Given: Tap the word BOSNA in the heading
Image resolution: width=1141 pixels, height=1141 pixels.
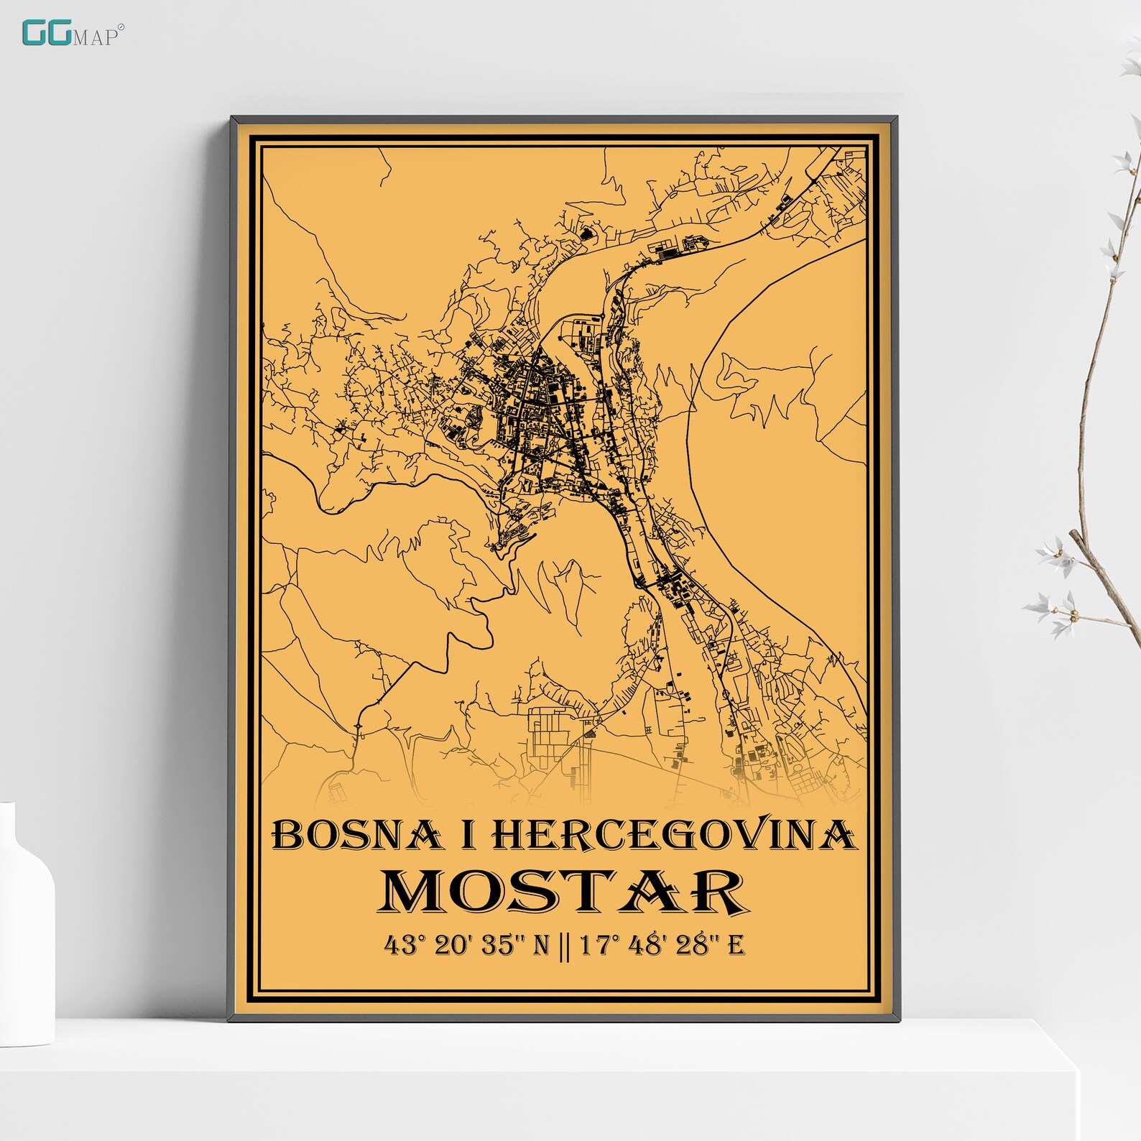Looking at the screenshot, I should pos(356,835).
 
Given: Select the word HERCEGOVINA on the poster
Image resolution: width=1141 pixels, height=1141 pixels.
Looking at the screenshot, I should pos(674,835).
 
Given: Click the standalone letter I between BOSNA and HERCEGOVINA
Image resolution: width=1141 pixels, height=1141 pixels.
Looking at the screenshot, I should pos(468,835).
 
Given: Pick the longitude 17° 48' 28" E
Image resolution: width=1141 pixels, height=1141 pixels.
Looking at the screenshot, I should pos(662,945).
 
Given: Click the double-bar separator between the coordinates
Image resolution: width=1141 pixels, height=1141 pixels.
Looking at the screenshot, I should pos(564,946).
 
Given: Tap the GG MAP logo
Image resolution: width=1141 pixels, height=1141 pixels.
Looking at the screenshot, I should pos(73,34).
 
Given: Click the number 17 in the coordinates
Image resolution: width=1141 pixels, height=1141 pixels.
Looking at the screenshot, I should pos(594,945).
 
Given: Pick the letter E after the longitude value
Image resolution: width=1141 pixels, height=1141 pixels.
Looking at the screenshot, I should pos(736,945).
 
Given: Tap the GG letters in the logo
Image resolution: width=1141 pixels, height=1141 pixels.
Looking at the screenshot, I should pos(46,33).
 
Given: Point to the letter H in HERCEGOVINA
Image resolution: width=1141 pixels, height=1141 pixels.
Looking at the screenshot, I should pos(509,835).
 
